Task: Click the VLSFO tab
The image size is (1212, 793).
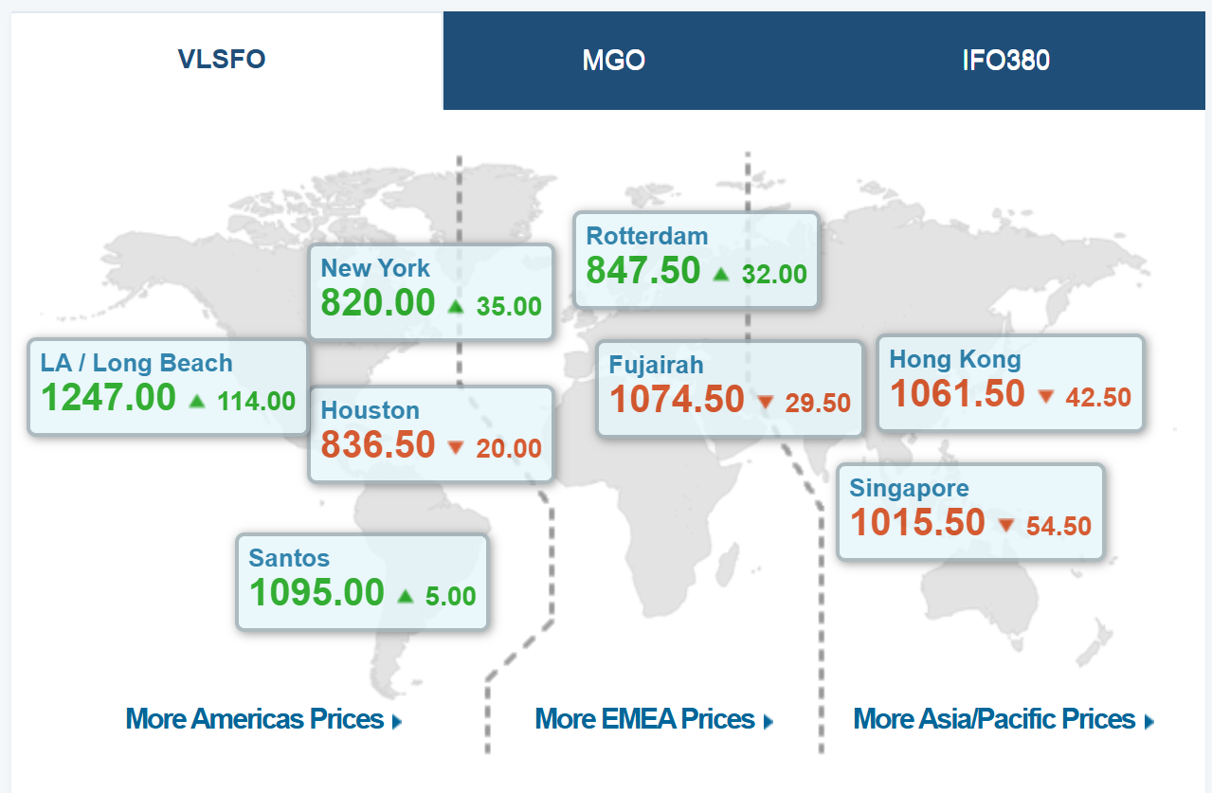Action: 222,60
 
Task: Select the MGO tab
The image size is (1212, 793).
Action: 613,61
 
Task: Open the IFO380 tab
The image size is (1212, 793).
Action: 1005,61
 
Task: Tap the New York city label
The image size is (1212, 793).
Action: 375,268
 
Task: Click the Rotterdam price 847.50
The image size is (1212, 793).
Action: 643,271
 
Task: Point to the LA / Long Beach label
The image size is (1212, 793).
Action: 136,363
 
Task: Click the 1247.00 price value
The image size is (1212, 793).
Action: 108,398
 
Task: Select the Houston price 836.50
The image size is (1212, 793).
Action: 378,445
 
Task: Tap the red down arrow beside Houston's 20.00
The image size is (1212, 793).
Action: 456,447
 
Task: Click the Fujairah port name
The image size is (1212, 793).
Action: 656,365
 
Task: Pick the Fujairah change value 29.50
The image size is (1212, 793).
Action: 818,403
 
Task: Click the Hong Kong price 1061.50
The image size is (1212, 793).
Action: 957,394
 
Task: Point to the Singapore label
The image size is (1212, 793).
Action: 909,489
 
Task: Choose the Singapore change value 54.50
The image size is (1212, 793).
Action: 1058,526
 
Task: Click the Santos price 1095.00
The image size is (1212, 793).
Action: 317,593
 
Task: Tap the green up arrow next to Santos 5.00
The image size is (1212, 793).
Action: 406,596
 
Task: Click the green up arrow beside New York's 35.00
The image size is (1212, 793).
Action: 456,305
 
